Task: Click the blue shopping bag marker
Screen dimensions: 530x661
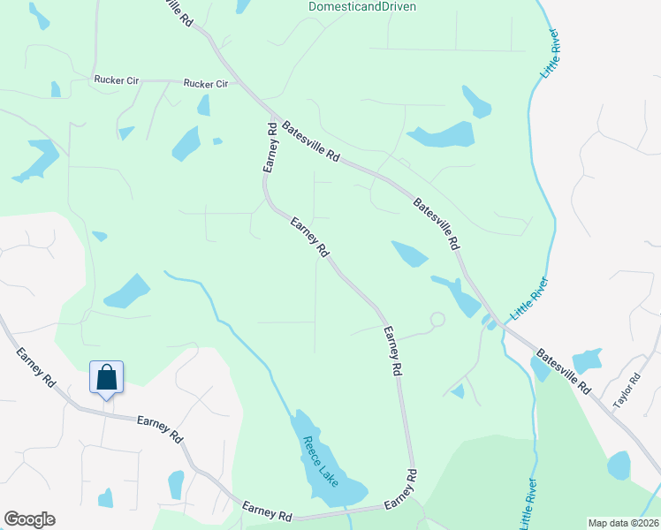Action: pos(106,378)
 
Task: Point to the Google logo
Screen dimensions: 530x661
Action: pos(29,519)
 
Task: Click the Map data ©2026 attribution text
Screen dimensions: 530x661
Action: pos(623,523)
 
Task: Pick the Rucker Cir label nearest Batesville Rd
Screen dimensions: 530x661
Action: pos(206,84)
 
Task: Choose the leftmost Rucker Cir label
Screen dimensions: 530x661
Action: pos(117,79)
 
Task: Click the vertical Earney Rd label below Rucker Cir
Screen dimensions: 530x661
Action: pos(271,147)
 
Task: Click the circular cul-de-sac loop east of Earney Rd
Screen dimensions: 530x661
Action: pos(436,319)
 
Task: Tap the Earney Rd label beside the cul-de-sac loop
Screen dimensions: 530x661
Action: pos(392,351)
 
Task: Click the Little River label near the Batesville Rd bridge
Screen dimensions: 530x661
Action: pos(529,299)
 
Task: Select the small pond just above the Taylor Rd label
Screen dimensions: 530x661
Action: pos(587,360)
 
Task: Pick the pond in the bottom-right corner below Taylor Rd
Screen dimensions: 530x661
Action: pos(619,466)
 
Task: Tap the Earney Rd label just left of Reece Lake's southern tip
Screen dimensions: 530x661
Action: pos(268,511)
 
